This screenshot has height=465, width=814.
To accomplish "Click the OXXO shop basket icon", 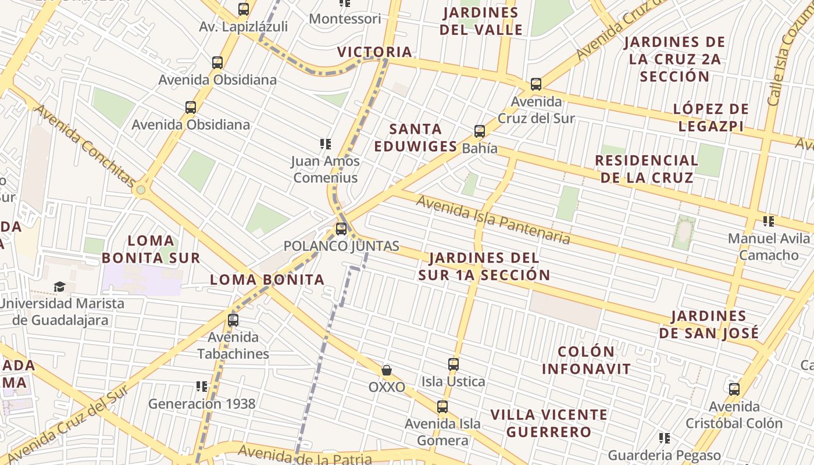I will (386, 370).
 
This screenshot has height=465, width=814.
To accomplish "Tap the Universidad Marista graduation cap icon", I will (59, 287).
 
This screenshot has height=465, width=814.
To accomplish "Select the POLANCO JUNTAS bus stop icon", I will (341, 229).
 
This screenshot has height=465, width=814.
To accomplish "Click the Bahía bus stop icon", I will (480, 131).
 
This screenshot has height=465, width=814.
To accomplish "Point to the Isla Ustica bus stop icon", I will (454, 365).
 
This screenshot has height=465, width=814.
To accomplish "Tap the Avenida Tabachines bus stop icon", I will (233, 320).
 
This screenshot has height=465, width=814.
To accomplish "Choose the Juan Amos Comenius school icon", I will (326, 144).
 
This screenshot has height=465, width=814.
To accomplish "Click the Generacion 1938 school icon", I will (202, 387).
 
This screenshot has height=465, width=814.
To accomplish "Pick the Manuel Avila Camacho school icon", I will (769, 221).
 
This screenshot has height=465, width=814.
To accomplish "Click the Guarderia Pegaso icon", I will (665, 438).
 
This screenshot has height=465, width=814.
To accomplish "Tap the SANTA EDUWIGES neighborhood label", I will (416, 137).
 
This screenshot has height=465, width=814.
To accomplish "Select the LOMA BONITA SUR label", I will (151, 249).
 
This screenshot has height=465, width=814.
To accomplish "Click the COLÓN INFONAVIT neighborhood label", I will (586, 360).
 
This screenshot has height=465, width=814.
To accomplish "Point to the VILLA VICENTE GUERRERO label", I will (548, 423).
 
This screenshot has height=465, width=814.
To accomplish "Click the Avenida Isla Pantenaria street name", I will (492, 219).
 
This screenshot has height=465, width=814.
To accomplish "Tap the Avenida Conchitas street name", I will (84, 145).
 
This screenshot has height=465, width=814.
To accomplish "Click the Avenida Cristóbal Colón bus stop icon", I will (734, 389).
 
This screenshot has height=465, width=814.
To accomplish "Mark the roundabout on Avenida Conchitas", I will (140, 190).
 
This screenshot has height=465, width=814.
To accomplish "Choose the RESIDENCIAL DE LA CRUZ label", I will (646, 169).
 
